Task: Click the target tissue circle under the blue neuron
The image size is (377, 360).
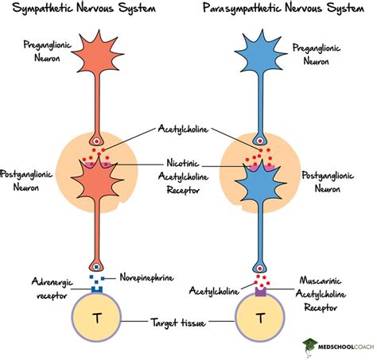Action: coord(260,320)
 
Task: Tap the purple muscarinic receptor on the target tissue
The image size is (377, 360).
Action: coord(260,292)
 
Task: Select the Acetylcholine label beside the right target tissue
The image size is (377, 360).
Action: coord(214,292)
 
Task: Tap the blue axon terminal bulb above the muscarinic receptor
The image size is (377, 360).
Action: coord(260,269)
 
